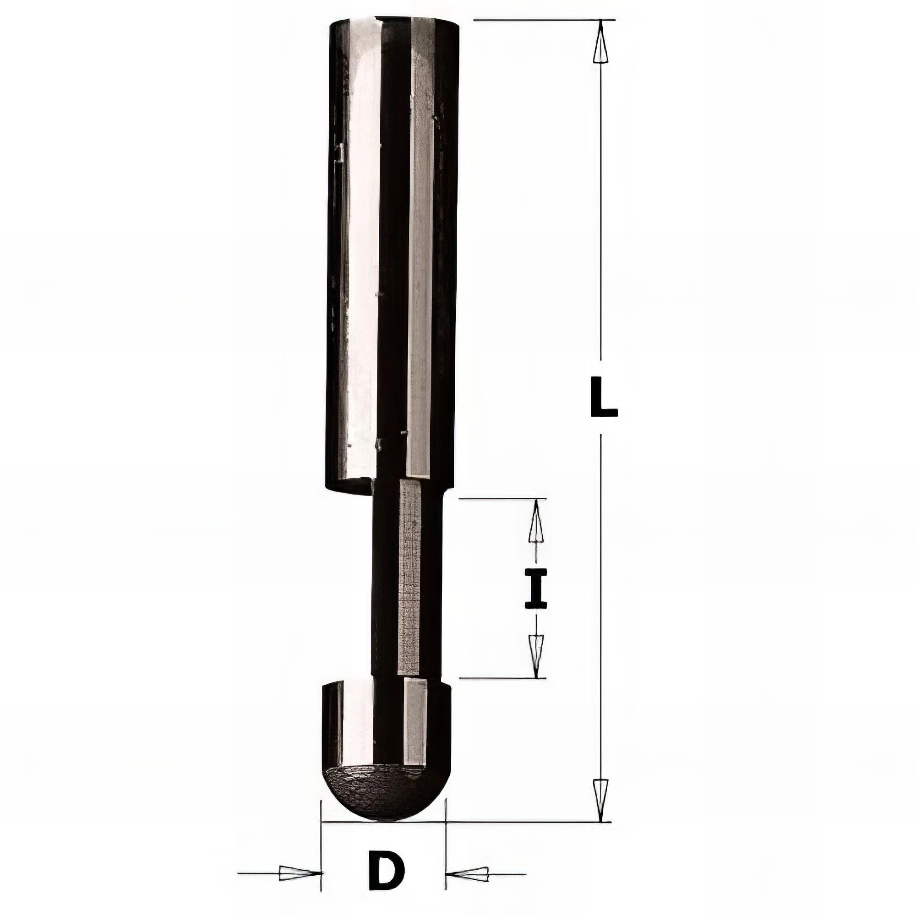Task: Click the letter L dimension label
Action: click(604, 395)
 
